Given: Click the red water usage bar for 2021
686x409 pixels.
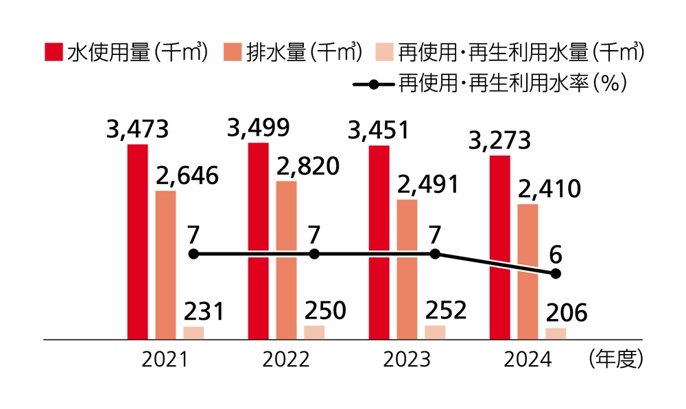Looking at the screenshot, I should pyautogui.click(x=137, y=242).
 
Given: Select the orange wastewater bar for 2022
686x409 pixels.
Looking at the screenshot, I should pyautogui.click(x=286, y=260).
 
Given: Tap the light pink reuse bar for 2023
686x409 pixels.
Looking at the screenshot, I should pyautogui.click(x=434, y=332).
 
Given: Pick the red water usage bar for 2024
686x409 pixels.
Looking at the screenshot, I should pyautogui.click(x=499, y=247).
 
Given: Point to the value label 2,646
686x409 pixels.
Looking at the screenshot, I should pyautogui.click(x=187, y=176).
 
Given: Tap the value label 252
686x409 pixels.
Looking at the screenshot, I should pyautogui.click(x=445, y=310).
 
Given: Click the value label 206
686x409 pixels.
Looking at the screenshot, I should pyautogui.click(x=566, y=313).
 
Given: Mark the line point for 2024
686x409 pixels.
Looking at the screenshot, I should pyautogui.click(x=556, y=274).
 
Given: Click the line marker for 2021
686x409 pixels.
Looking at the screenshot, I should pyautogui.click(x=193, y=254).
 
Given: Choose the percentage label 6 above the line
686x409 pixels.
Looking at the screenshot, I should pyautogui.click(x=556, y=255).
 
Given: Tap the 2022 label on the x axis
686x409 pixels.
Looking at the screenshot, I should pyautogui.click(x=286, y=360).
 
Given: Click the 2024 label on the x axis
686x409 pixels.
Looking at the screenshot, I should pyautogui.click(x=528, y=360).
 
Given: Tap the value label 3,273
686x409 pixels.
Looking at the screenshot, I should pyautogui.click(x=499, y=141).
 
